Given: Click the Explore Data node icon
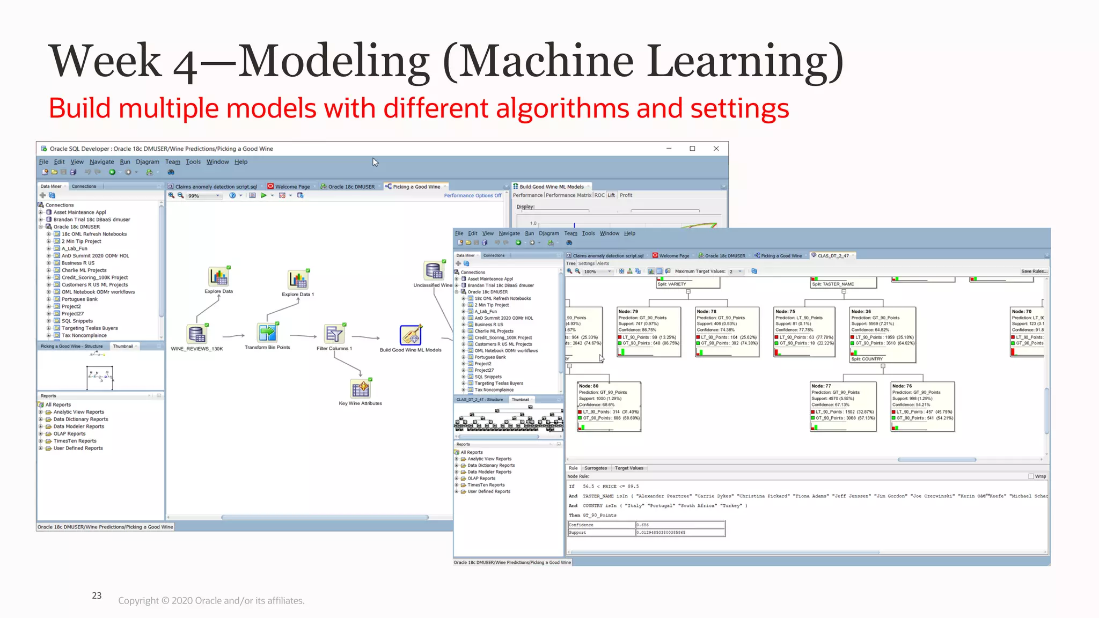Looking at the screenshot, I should (x=219, y=277).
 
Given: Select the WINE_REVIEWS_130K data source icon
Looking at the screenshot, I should (x=197, y=334).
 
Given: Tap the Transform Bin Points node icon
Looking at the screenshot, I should (x=267, y=333).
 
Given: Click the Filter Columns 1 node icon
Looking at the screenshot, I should (x=334, y=334).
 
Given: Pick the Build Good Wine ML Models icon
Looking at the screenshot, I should (x=411, y=335).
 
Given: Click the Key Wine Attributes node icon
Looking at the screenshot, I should (x=361, y=388).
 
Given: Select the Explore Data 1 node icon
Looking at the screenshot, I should (x=298, y=279).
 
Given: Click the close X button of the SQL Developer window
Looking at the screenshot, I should (x=716, y=149).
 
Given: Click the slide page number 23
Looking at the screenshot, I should (x=97, y=595).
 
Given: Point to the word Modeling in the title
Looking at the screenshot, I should (x=333, y=61).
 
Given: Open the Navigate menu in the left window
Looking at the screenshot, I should (x=101, y=162).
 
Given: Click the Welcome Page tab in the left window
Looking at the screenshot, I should (x=292, y=187).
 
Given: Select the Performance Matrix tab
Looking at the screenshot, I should (x=569, y=195).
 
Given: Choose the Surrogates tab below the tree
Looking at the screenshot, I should (x=596, y=468).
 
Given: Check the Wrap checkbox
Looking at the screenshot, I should (x=1031, y=476).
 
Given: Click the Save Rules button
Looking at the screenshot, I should (x=1034, y=271).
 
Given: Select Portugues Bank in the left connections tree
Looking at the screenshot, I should (x=79, y=299).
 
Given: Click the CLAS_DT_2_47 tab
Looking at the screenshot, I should (x=833, y=256).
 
